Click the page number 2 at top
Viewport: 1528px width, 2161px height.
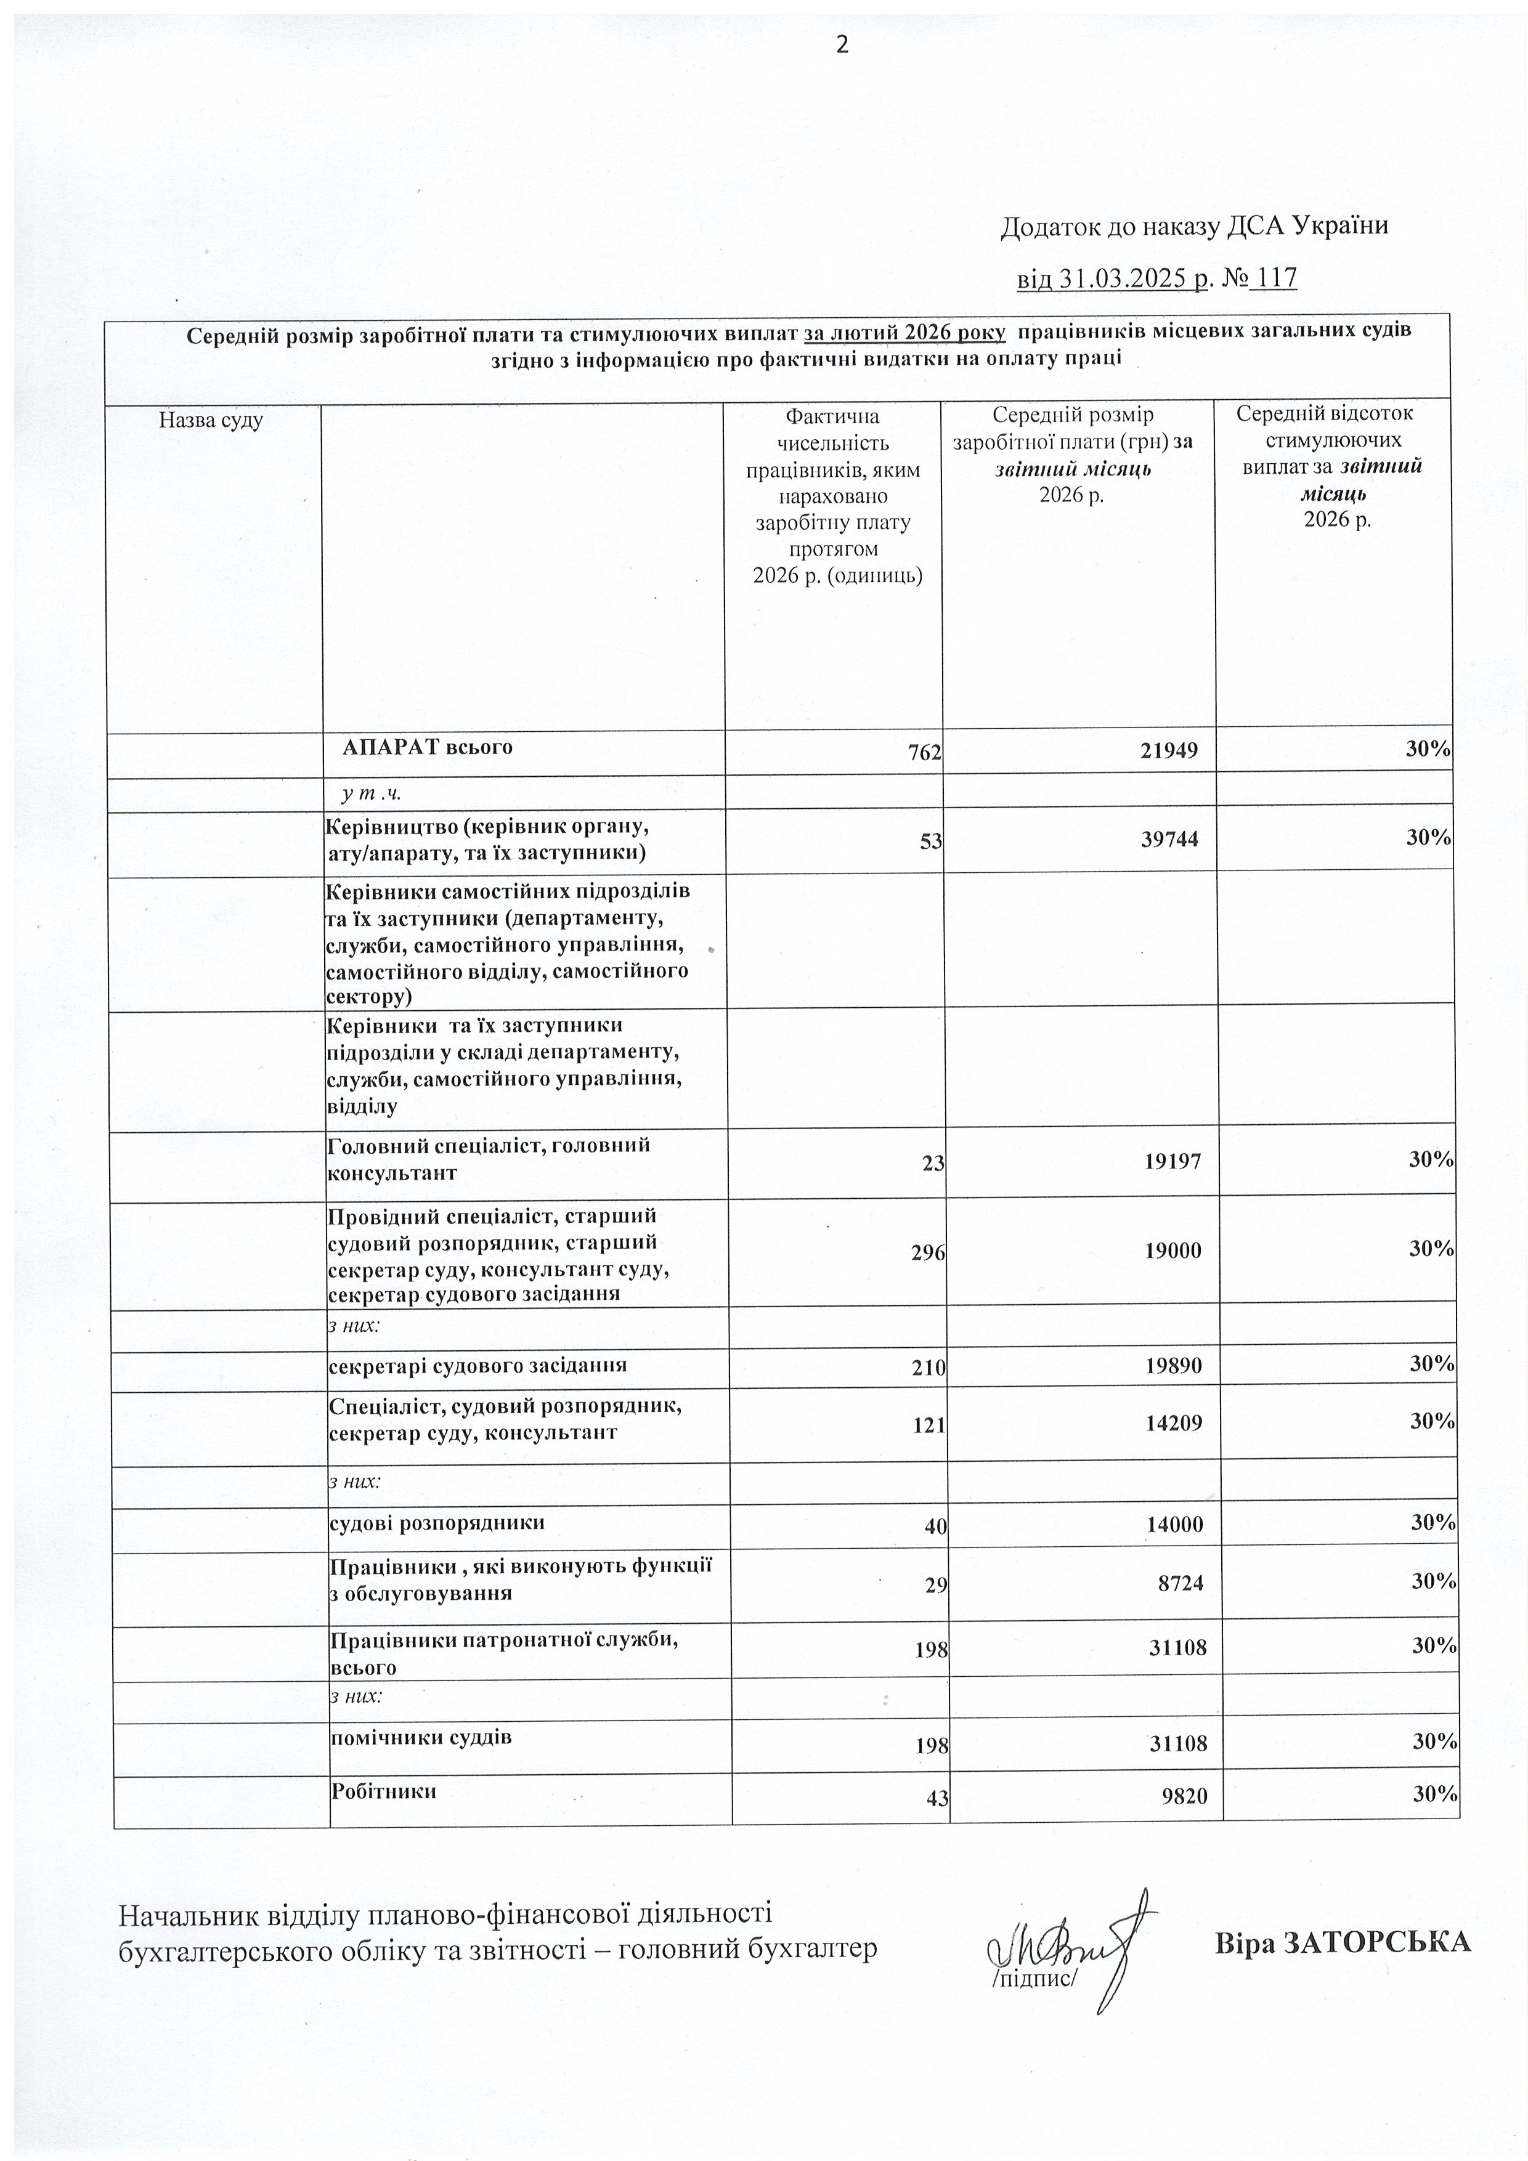point(842,44)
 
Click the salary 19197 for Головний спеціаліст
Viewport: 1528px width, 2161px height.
point(1176,1161)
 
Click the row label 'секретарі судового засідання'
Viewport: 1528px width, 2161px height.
point(477,1364)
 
